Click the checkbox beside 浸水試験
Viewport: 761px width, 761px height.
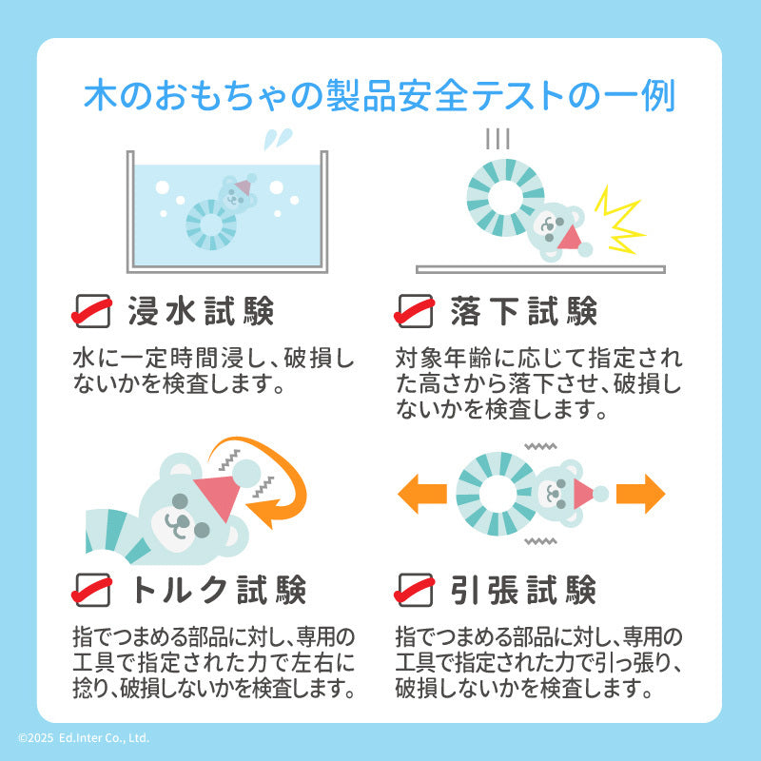91,311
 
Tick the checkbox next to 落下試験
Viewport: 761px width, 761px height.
414,311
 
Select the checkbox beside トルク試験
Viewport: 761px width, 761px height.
91,590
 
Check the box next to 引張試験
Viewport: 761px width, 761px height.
414,590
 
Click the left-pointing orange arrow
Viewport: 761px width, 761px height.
421,494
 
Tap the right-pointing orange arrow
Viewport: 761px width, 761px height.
640,494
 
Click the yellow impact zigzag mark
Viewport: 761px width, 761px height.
619,220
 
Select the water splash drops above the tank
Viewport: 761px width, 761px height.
278,139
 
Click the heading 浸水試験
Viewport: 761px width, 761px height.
201,311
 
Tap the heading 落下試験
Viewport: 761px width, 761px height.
524,311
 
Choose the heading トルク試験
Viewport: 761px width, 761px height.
219,590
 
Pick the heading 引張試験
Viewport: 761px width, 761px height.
524,590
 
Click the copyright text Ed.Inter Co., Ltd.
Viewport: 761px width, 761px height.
104,738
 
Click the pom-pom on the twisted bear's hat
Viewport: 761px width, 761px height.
246,473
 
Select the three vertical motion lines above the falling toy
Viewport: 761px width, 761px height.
498,139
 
